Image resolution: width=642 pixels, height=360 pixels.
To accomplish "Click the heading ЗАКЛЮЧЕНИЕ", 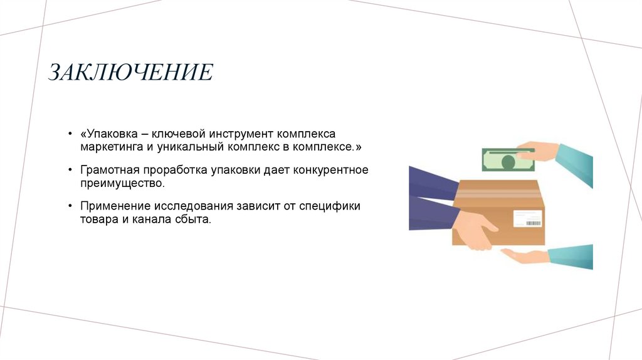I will [x=131, y=73].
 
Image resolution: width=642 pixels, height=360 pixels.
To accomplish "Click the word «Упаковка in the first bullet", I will [x=107, y=135].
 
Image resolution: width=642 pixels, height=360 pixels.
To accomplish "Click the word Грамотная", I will [x=108, y=171].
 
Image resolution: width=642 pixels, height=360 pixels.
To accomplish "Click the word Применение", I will [x=110, y=206].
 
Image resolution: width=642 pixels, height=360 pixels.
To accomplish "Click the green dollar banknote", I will [x=507, y=160].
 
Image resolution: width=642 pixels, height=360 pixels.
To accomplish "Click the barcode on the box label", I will [x=533, y=223].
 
